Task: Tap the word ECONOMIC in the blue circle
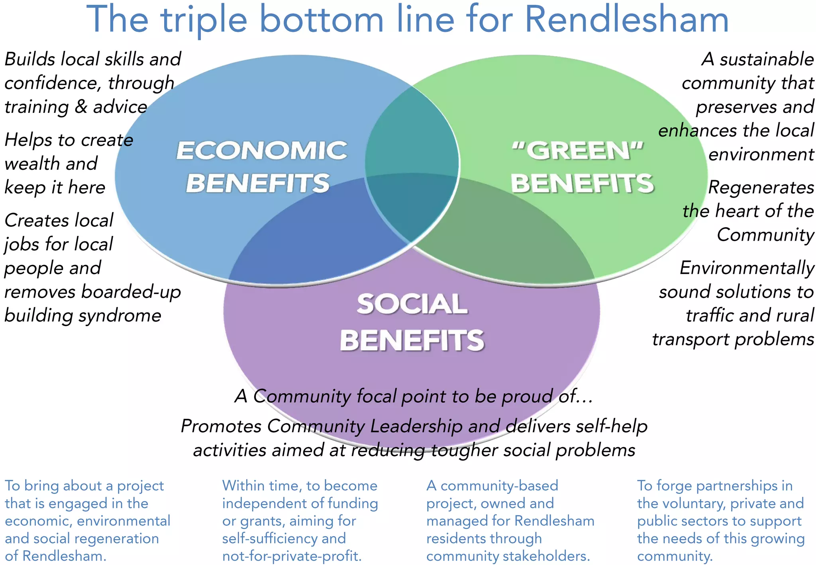coord(262,151)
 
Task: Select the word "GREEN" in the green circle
coord(578,151)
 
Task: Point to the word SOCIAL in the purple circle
coord(412,304)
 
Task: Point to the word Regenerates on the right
coord(761,187)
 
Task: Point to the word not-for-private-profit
coord(292,556)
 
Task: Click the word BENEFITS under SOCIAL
coord(412,341)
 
